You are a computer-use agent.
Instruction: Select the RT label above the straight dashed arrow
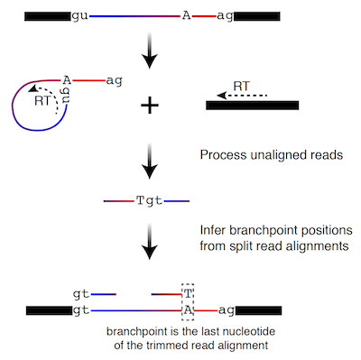coord(243,86)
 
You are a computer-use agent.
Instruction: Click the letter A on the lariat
coord(67,80)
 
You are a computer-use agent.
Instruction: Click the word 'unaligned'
coord(272,156)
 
